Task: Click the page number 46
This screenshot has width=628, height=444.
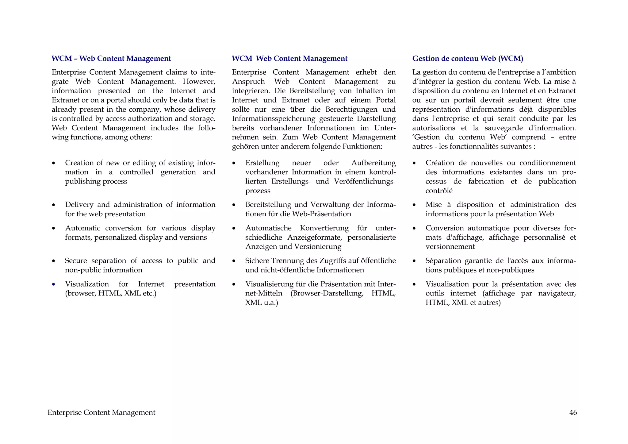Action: click(x=573, y=413)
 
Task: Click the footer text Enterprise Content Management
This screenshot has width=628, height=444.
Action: click(x=101, y=413)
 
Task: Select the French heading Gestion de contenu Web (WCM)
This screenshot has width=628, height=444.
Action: click(x=467, y=59)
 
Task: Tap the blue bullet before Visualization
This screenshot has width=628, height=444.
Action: click(x=54, y=284)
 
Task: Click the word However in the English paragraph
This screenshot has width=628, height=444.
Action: click(x=199, y=82)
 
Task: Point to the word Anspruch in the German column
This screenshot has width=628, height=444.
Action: click(x=248, y=82)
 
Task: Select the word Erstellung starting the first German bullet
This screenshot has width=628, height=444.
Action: click(x=262, y=163)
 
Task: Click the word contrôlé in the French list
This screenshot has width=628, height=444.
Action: click(x=439, y=191)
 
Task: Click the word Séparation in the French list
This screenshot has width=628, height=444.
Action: click(x=443, y=261)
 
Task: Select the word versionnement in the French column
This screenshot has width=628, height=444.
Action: click(x=450, y=247)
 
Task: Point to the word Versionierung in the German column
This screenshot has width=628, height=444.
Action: click(x=317, y=247)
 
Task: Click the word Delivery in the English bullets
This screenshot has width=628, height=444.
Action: click(x=79, y=205)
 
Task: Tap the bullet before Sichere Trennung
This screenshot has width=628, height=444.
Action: click(x=234, y=261)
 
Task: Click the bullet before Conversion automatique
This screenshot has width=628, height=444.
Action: click(x=414, y=229)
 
